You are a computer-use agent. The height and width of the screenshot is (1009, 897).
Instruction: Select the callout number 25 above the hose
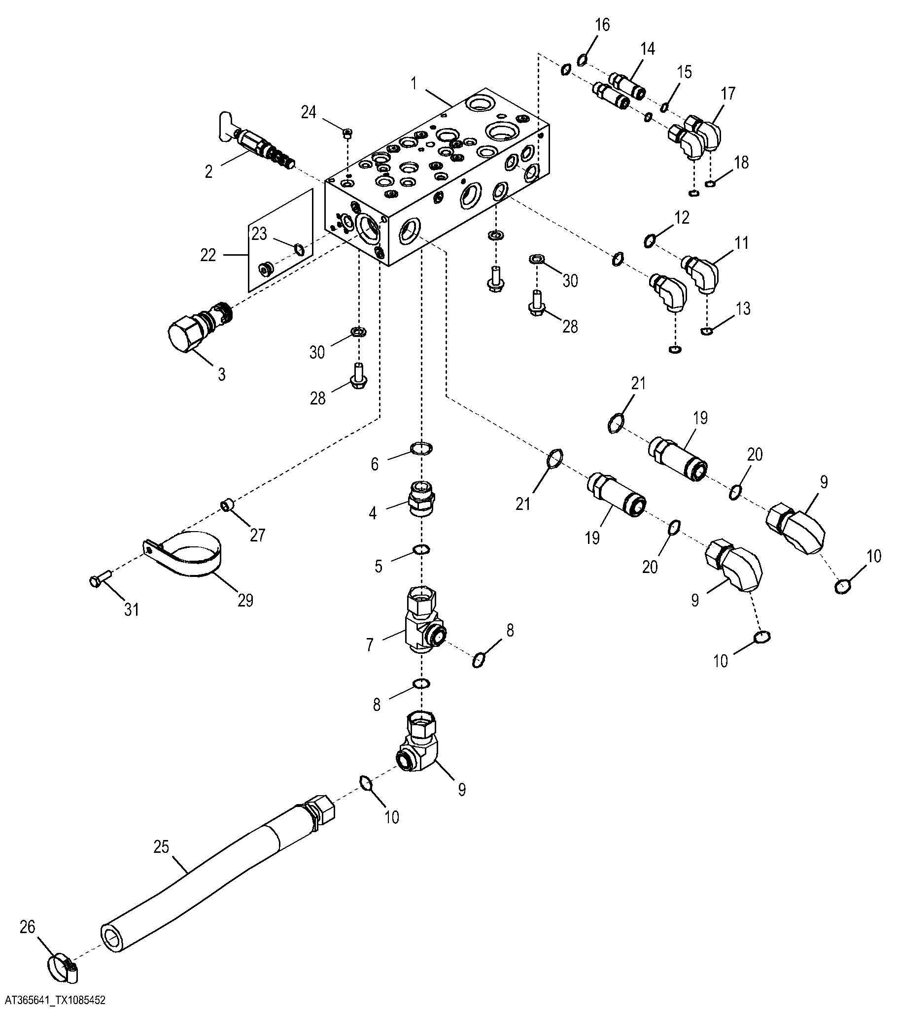coord(162,847)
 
